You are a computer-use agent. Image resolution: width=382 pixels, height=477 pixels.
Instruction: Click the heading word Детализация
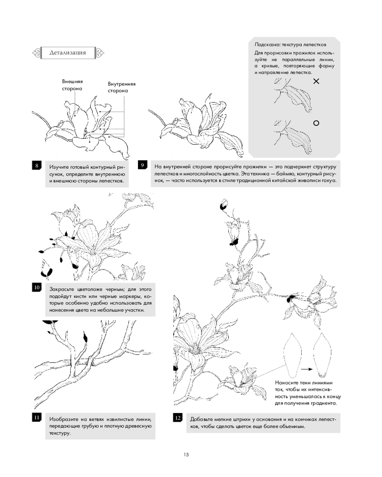click(x=68, y=52)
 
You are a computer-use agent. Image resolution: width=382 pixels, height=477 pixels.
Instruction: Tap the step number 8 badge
click(x=37, y=166)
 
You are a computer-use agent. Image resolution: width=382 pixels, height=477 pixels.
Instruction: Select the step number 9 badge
click(x=142, y=165)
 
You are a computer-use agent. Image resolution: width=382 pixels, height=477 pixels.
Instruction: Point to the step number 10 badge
click(x=37, y=288)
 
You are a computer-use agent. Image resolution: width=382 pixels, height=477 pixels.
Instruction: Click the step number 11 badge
click(x=37, y=417)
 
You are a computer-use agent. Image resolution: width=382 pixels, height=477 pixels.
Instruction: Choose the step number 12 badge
click(x=178, y=418)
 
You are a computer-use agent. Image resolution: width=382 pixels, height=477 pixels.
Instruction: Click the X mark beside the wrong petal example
click(x=316, y=81)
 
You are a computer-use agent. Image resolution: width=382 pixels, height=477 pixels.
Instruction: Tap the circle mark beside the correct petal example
click(x=316, y=123)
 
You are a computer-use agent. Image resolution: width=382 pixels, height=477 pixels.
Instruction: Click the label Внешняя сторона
click(x=72, y=85)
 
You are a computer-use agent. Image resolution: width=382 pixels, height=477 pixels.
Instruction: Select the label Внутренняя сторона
click(x=122, y=87)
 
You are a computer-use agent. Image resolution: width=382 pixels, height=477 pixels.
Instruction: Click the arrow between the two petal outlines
click(x=307, y=369)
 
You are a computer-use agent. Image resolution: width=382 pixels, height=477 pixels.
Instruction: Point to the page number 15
click(x=186, y=455)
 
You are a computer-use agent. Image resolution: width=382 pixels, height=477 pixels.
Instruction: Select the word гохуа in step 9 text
click(x=329, y=180)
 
